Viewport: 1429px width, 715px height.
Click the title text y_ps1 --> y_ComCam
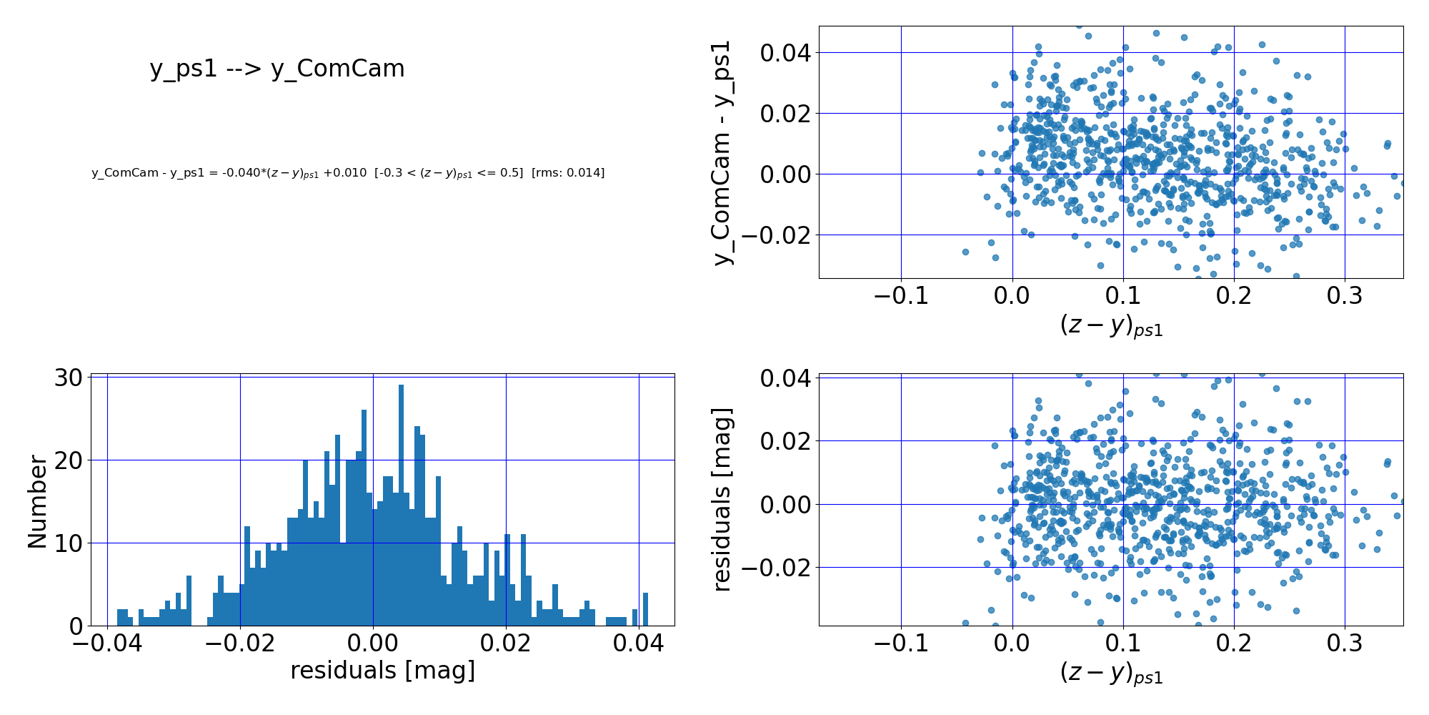pyautogui.click(x=277, y=69)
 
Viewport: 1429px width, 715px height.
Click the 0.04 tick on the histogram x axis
pyautogui.click(x=638, y=644)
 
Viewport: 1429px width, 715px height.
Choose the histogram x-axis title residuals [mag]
pyautogui.click(x=382, y=671)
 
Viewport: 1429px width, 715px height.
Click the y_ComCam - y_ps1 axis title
pyautogui.click(x=724, y=152)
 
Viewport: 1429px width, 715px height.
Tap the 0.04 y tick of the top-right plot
pyautogui.click(x=784, y=53)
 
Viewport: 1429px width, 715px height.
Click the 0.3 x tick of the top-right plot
pyautogui.click(x=1345, y=295)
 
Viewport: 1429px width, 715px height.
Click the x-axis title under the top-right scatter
pyautogui.click(x=1111, y=325)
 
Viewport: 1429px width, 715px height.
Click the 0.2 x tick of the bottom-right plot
pyautogui.click(x=1234, y=643)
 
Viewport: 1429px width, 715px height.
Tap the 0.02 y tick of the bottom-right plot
pyautogui.click(x=784, y=441)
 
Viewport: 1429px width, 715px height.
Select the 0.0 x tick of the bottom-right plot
pyautogui.click(x=1012, y=643)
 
